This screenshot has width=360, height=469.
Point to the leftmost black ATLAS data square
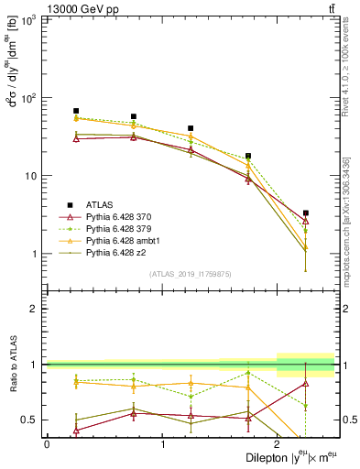[x=76, y=111]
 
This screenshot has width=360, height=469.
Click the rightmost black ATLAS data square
[x=306, y=213]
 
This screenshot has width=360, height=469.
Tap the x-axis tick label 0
[x=47, y=443]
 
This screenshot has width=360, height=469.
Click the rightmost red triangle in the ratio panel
[x=306, y=383]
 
